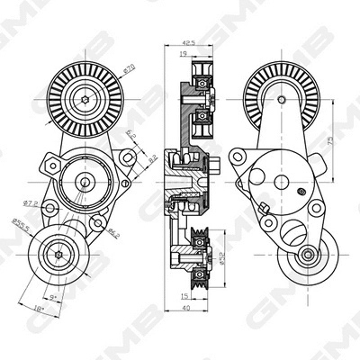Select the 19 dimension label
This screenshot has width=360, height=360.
pos(184,55)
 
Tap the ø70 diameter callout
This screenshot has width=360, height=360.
pos(129,67)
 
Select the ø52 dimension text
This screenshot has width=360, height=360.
pos(219,264)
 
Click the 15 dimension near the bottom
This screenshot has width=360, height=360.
pos(183,294)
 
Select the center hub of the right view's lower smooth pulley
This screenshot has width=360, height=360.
pos(308,258)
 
